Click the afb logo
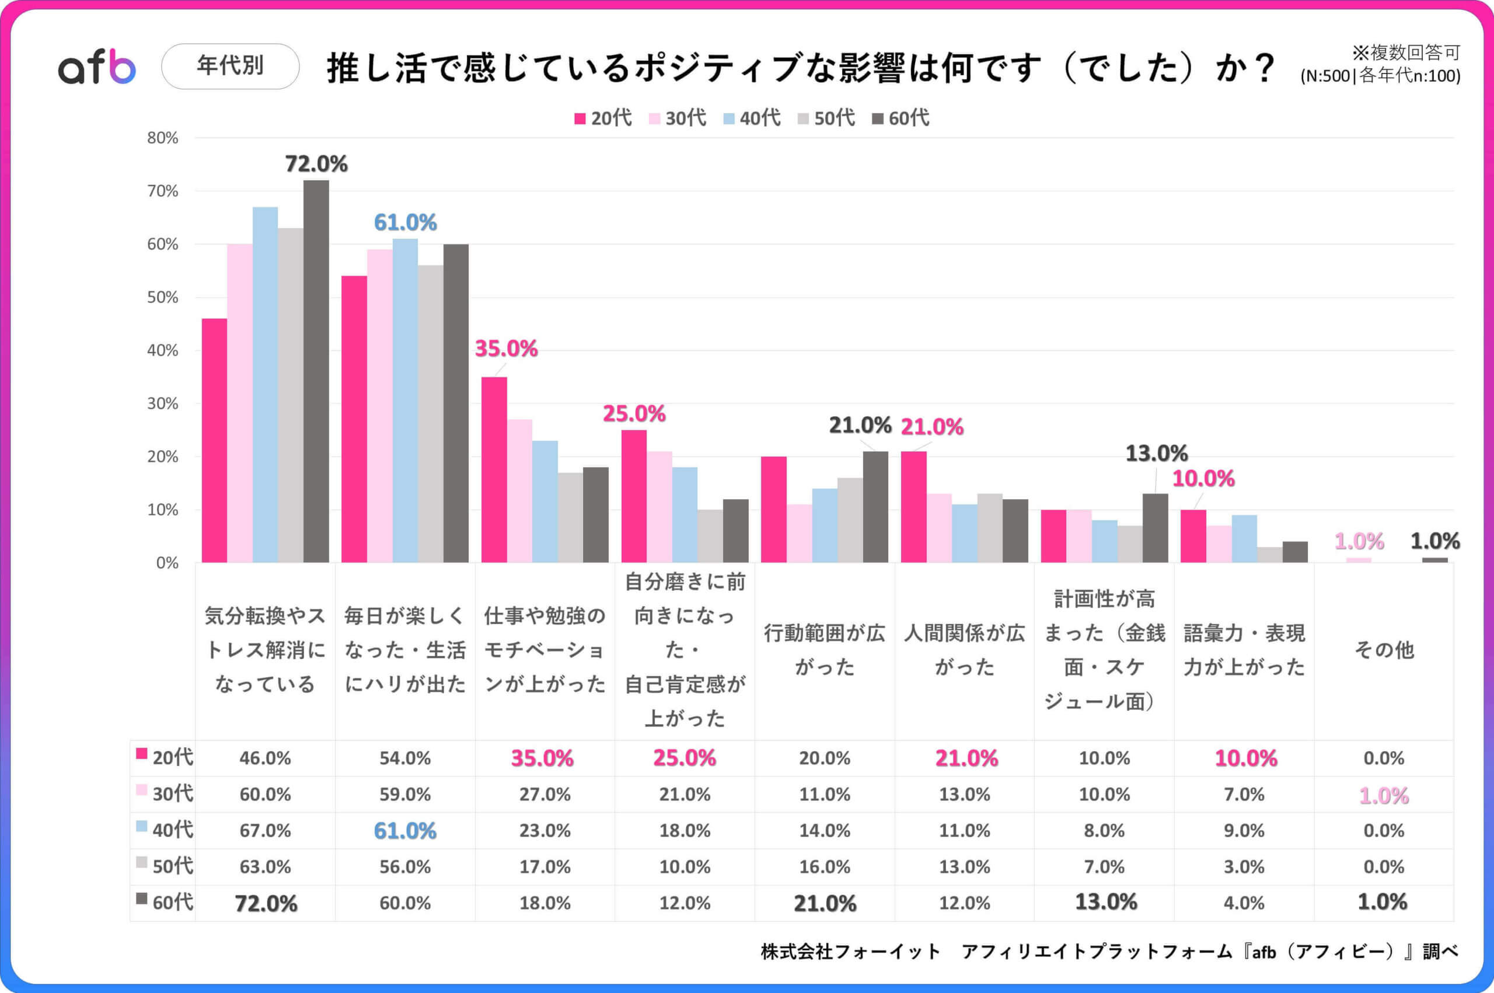tap(97, 67)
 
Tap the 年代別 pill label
tap(230, 66)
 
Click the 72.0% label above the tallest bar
tap(316, 164)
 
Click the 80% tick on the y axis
tap(163, 138)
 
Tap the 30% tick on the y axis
tap(163, 403)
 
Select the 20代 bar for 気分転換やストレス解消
tap(214, 440)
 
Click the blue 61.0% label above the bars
tap(405, 222)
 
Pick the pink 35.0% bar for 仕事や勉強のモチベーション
tap(494, 469)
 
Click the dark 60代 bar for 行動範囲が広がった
tap(875, 507)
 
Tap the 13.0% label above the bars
tap(1156, 454)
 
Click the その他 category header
tap(1383, 650)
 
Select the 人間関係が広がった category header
tap(964, 650)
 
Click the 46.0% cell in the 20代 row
tap(264, 758)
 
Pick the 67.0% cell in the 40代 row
tap(264, 830)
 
